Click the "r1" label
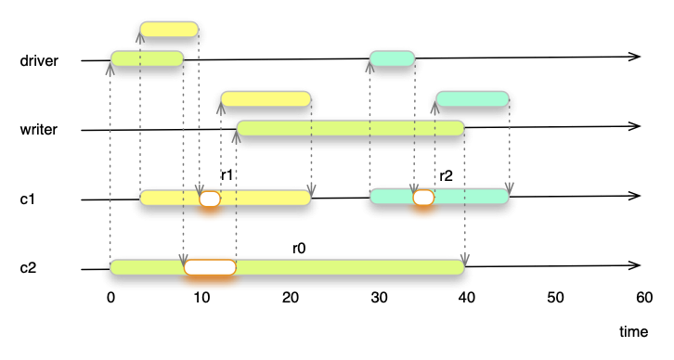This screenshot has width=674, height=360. coord(227,174)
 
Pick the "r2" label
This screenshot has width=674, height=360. coord(446,174)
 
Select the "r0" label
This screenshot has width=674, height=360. coord(299,248)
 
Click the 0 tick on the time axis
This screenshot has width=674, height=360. coord(110,297)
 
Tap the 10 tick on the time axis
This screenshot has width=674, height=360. coord(201,297)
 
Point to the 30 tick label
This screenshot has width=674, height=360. coord(378,297)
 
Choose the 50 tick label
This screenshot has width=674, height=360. coord(554,297)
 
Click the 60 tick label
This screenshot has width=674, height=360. coord(643,297)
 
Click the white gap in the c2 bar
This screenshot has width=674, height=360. coord(210,267)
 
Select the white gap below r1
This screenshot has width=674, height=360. coord(210,198)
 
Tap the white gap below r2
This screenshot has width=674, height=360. coord(423,197)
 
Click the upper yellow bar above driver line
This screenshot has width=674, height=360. coord(169,29)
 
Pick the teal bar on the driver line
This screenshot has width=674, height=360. coord(392,58)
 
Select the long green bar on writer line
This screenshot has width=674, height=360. coord(350,128)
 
